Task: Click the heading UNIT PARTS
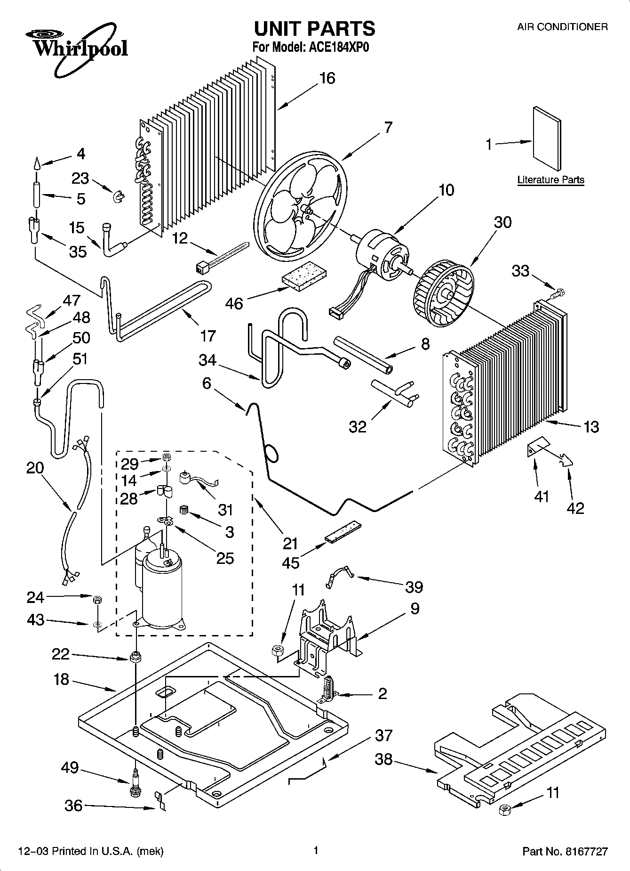(314, 29)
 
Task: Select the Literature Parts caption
(550, 179)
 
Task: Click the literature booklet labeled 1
(547, 139)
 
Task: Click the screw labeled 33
(558, 293)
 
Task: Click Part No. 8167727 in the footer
(565, 851)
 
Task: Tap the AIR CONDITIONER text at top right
(562, 27)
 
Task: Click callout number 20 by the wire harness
(35, 468)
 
